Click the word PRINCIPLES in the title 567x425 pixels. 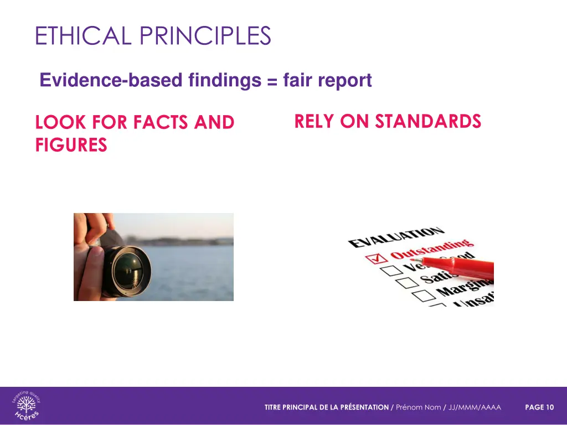(x=205, y=36)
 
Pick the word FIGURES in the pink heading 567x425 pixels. (x=71, y=146)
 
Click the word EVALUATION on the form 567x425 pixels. (x=395, y=237)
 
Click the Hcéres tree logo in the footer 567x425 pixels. (x=26, y=407)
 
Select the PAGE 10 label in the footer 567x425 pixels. (x=539, y=407)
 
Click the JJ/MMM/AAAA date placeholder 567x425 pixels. (x=475, y=407)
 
